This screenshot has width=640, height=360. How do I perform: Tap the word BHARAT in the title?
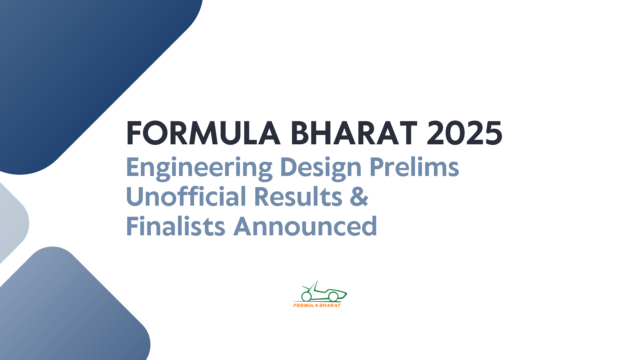(x=354, y=133)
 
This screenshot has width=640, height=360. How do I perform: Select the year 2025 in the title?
(x=464, y=133)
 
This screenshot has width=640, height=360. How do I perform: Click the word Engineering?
(x=199, y=167)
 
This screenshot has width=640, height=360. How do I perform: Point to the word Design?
(x=321, y=167)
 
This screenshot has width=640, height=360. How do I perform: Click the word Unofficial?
(x=186, y=196)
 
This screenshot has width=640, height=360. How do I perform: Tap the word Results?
(x=298, y=196)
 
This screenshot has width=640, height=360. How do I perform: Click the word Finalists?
(x=176, y=226)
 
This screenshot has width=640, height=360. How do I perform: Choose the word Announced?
(x=305, y=226)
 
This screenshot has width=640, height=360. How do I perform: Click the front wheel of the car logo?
(x=333, y=296)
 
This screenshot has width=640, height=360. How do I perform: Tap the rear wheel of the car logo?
(x=306, y=296)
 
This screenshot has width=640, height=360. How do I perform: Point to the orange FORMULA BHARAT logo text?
(x=317, y=305)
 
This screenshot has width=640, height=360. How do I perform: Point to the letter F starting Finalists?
(x=132, y=226)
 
